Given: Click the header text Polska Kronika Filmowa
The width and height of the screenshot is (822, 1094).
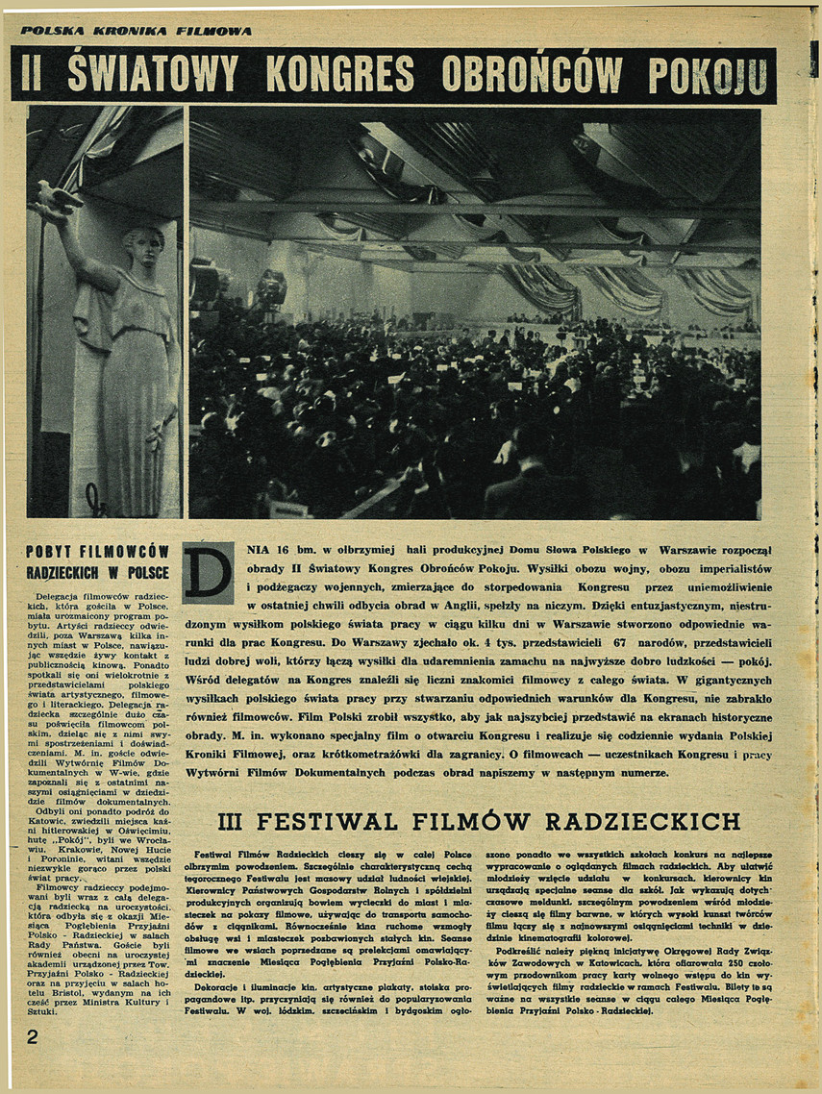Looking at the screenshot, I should click(136, 31).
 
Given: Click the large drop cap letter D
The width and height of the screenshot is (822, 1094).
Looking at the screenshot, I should click(208, 573).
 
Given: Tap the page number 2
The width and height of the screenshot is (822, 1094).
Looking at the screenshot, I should click(32, 1037).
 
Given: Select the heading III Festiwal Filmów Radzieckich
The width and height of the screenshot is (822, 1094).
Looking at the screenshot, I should click(479, 821).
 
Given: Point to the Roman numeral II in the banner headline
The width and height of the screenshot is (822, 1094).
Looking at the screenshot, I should click(35, 75).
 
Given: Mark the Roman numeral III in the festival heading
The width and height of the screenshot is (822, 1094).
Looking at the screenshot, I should click(235, 821).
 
